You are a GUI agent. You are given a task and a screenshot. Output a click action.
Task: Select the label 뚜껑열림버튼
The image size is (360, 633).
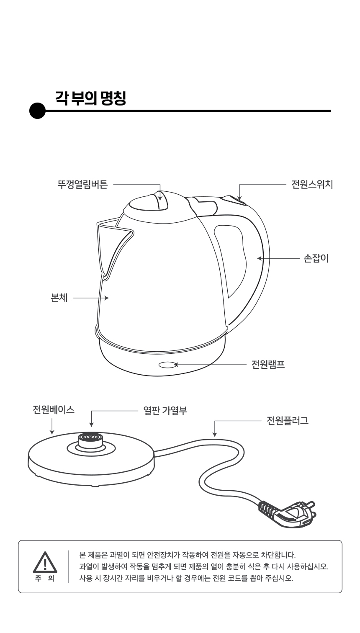(x=82, y=184)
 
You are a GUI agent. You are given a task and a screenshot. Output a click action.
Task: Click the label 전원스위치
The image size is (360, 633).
(x=312, y=184)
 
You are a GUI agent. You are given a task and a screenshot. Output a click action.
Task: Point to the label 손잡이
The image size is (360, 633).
(x=316, y=258)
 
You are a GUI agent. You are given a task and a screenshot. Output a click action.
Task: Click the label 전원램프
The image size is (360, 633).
(x=268, y=364)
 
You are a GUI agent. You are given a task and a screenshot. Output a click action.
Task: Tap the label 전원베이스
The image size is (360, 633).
(x=54, y=410)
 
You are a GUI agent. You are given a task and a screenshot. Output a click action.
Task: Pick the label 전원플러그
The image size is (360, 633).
(x=288, y=420)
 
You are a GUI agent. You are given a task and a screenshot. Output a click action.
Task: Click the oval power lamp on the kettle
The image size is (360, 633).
(x=167, y=365)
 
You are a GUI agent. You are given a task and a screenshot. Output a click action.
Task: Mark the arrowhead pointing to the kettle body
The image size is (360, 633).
(x=107, y=298)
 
